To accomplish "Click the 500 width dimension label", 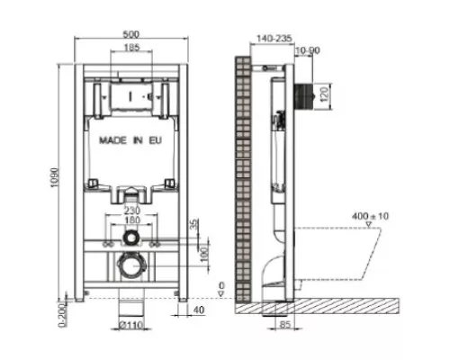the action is click(131, 34).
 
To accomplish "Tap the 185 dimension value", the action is click(131, 47).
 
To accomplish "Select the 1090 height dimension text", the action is click(55, 177).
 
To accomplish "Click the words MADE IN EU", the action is click(130, 140).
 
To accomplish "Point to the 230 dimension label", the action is click(132, 210).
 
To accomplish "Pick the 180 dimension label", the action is click(132, 220).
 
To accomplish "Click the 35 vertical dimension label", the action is click(194, 224).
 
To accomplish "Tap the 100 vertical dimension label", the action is click(204, 255).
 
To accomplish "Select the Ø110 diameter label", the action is click(131, 325).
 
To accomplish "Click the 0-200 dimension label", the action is click(62, 315).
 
